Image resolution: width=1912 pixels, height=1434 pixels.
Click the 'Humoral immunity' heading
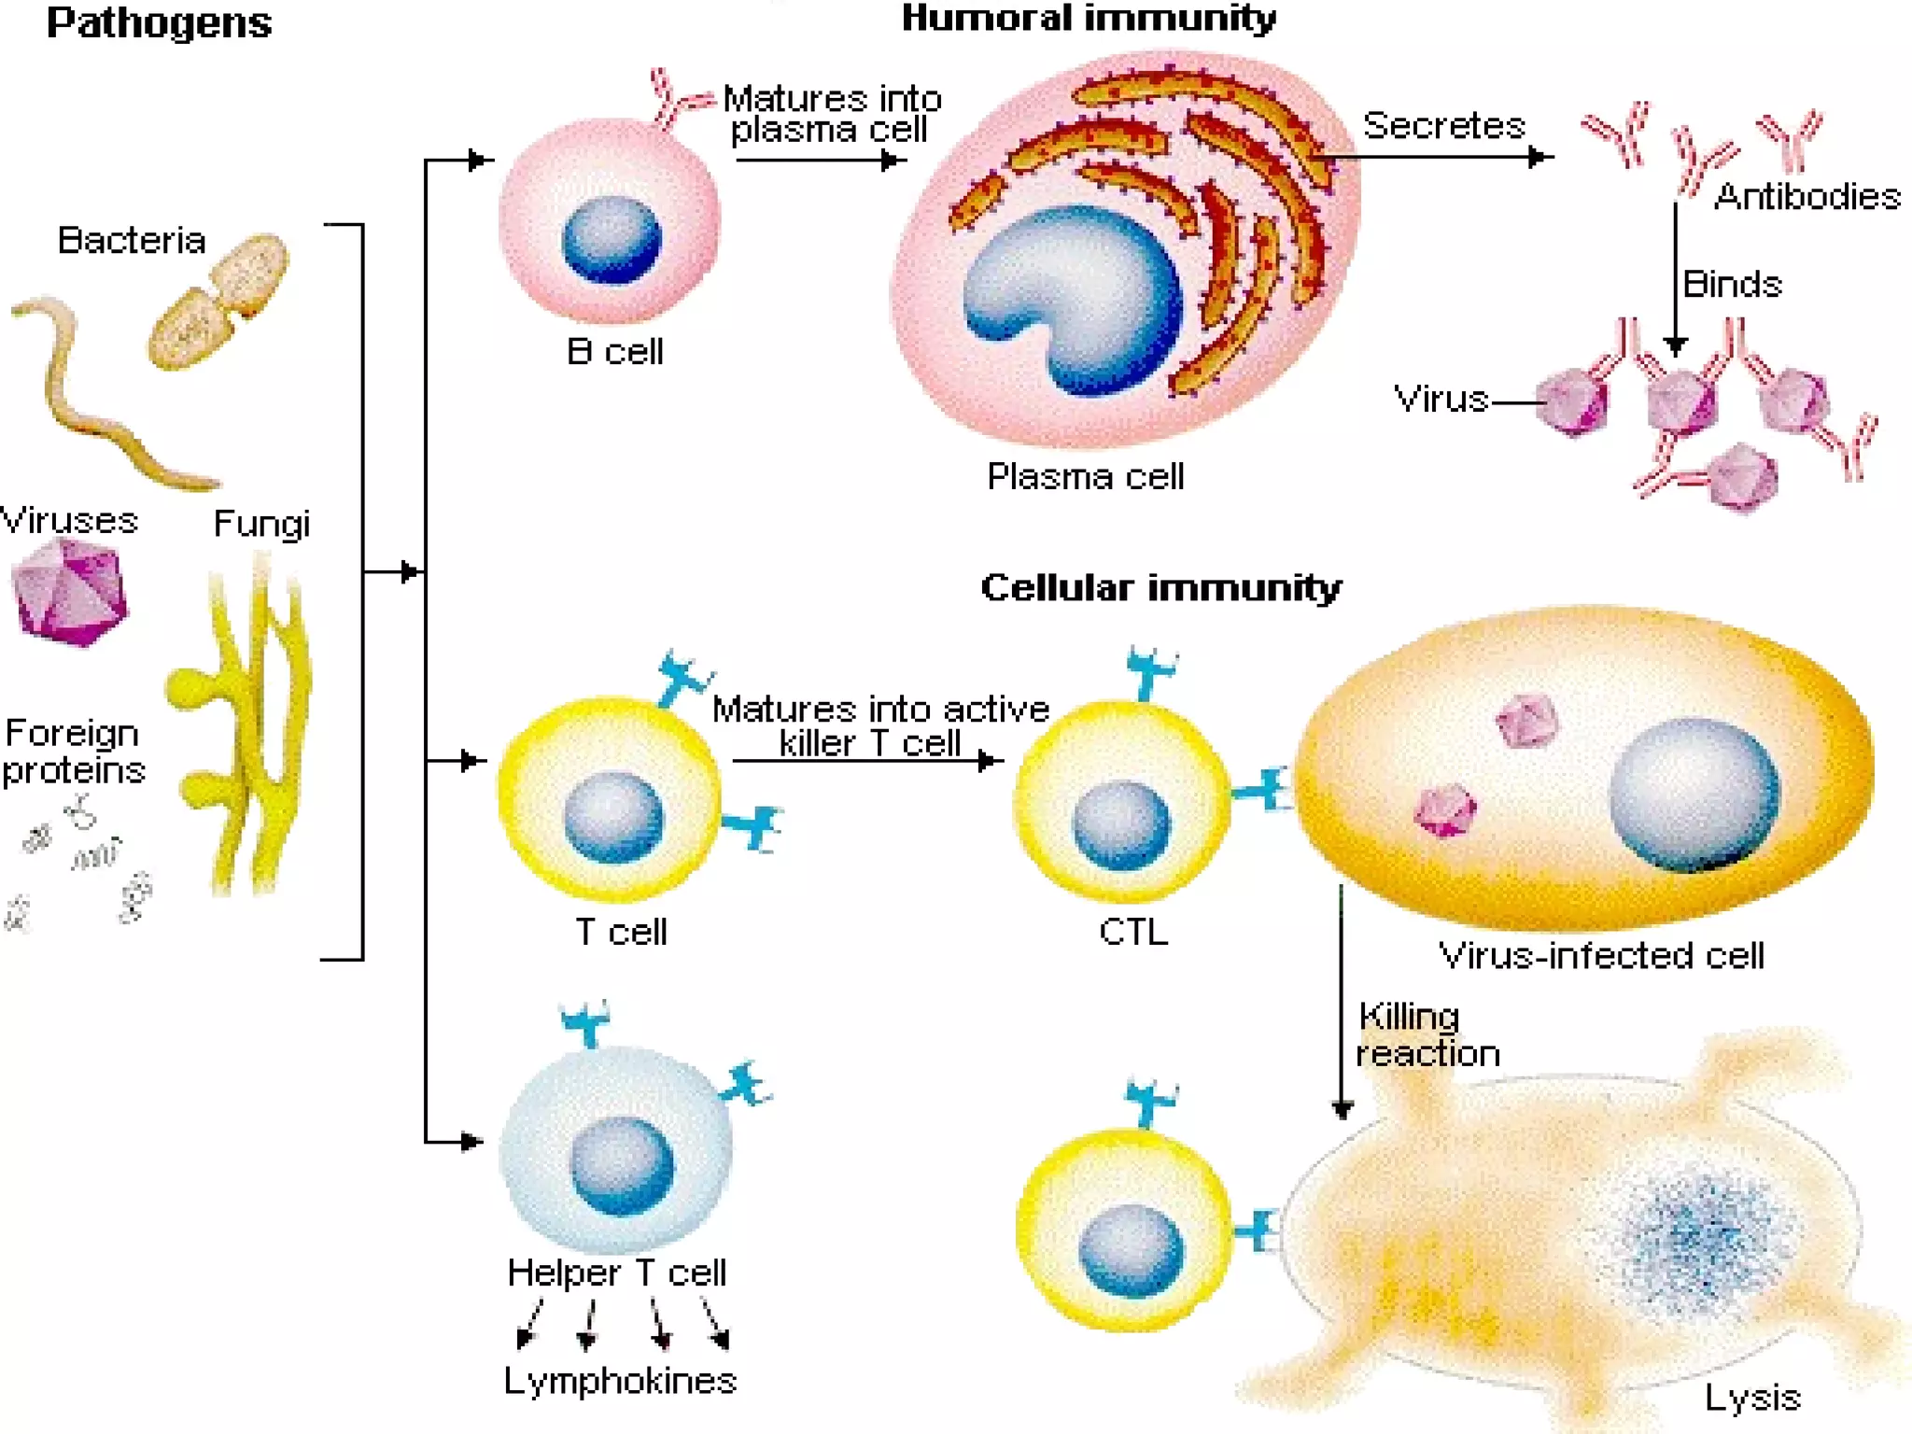[1089, 19]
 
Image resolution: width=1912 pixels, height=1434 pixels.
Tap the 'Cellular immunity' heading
[1160, 587]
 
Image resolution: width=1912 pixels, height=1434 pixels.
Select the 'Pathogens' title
[159, 22]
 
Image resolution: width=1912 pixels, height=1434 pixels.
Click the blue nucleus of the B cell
[612, 240]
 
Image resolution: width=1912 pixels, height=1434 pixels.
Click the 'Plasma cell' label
[1085, 477]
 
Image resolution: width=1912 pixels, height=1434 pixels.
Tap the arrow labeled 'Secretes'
[1438, 157]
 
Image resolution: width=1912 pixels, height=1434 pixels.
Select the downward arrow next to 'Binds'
[1676, 280]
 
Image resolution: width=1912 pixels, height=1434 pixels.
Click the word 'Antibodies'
[1807, 197]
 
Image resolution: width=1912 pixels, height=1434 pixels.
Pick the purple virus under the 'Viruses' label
[69, 593]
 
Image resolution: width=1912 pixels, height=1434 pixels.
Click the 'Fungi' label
[261, 524]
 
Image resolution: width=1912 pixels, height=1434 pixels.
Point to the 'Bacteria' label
[132, 241]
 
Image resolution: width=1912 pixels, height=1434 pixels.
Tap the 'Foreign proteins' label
[74, 752]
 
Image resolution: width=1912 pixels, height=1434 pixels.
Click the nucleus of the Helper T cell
[622, 1167]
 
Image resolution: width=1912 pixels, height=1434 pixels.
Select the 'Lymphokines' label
[620, 1380]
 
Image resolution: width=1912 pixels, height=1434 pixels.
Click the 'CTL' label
[1133, 932]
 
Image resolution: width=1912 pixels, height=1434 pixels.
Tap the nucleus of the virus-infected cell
[1694, 794]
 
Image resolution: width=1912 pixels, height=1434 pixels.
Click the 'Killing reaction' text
[1427, 1034]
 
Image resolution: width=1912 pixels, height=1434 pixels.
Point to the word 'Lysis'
[1752, 1398]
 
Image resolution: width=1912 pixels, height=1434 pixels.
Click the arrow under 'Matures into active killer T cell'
[868, 761]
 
